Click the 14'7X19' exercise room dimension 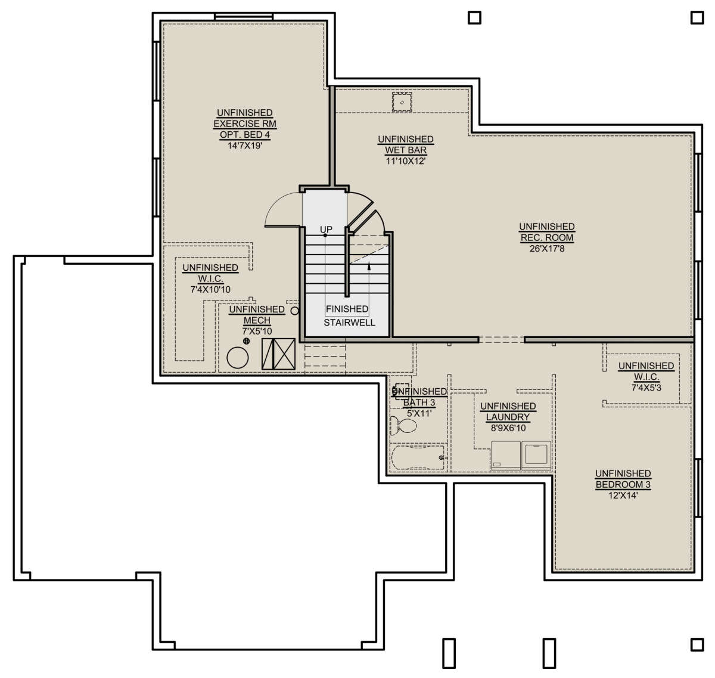click(x=245, y=145)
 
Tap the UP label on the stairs click(x=326, y=230)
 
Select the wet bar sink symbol click(x=402, y=103)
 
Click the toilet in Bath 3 click(x=403, y=426)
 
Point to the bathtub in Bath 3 click(x=418, y=457)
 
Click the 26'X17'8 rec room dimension click(x=547, y=249)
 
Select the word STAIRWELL click(x=349, y=322)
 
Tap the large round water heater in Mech click(x=238, y=358)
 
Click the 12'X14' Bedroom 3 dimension click(x=623, y=495)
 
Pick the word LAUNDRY click(x=508, y=417)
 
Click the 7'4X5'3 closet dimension click(x=646, y=388)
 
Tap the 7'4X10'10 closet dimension click(x=210, y=289)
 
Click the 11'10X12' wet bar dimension click(x=406, y=161)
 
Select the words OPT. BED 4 click(x=245, y=135)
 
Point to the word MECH click(x=257, y=320)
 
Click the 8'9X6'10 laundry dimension click(x=508, y=428)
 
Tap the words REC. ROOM click(x=547, y=238)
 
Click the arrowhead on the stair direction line click(x=369, y=266)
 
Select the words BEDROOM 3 click(x=623, y=484)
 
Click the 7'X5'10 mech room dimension click(x=257, y=332)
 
